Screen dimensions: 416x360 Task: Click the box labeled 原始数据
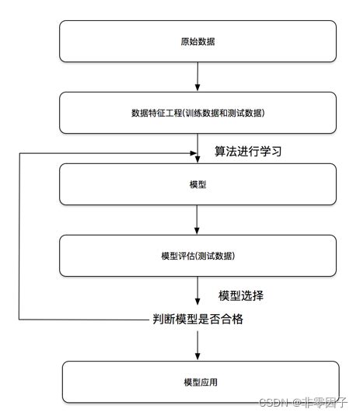[198, 41]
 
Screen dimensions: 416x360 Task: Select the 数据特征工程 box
[198, 113]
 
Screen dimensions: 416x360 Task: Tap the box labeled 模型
[198, 184]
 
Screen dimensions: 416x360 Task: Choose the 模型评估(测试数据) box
[198, 256]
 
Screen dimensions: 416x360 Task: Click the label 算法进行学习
[247, 152]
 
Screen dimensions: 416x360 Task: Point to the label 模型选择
[241, 295]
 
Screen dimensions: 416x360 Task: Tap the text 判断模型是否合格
[197, 318]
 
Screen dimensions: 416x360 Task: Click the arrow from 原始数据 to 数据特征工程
[198, 76]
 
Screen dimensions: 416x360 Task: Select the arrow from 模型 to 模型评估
[198, 219]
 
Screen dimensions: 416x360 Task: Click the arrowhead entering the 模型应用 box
[198, 357]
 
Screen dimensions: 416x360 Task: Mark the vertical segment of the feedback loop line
[19, 233]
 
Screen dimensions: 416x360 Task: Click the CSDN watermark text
[274, 402]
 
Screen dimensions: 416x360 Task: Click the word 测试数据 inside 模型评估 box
[215, 256]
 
